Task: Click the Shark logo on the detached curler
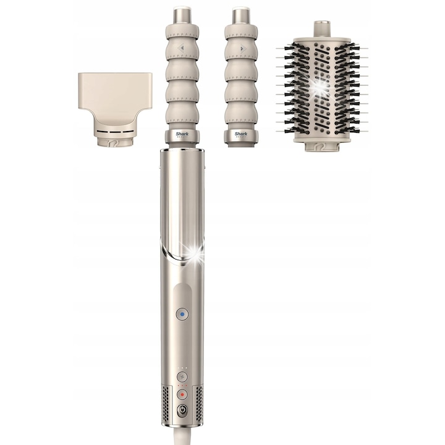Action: [241, 133]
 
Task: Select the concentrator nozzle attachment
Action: [115, 99]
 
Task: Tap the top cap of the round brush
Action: [321, 28]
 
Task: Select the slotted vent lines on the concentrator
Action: [115, 132]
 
